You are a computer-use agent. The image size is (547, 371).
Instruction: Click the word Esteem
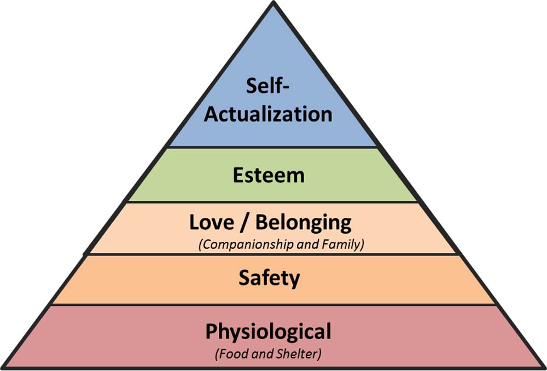pos(268,175)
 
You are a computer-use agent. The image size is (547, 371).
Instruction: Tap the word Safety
pos(269,279)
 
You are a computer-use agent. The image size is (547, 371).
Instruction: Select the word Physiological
pos(268,332)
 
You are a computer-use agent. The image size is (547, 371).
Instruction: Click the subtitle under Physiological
pos(267,353)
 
